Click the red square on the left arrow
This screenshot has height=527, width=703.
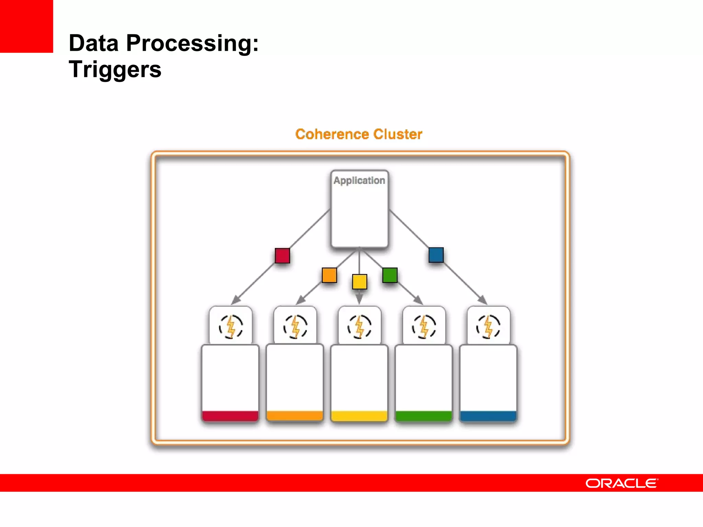pyautogui.click(x=282, y=256)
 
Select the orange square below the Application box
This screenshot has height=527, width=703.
pyautogui.click(x=329, y=275)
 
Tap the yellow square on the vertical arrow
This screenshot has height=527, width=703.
pyautogui.click(x=359, y=282)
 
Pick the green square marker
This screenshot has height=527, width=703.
pyautogui.click(x=390, y=275)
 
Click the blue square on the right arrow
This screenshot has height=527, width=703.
pyautogui.click(x=436, y=255)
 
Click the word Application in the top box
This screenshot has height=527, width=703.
pyautogui.click(x=359, y=180)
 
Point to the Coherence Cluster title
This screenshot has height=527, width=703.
pyautogui.click(x=359, y=134)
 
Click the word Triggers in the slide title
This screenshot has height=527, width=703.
pyautogui.click(x=115, y=69)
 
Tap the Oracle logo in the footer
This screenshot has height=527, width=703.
pyautogui.click(x=622, y=483)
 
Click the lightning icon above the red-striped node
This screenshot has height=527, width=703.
pyautogui.click(x=231, y=326)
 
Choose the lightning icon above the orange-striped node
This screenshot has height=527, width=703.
pyautogui.click(x=295, y=326)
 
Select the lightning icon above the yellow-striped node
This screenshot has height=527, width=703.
pyautogui.click(x=359, y=326)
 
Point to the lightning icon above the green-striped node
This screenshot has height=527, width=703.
pyautogui.click(x=424, y=326)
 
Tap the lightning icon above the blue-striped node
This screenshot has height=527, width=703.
pyautogui.click(x=488, y=326)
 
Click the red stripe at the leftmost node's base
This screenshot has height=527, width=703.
pyautogui.click(x=230, y=415)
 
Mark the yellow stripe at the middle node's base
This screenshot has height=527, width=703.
pyautogui.click(x=359, y=415)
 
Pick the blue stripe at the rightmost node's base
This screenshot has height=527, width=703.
pyautogui.click(x=488, y=415)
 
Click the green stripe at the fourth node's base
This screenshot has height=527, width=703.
pyautogui.click(x=424, y=415)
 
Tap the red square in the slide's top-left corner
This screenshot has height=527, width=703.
pyautogui.click(x=26, y=26)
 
